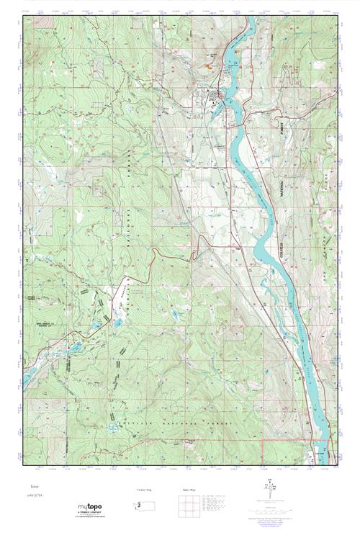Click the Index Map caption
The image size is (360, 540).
point(188,489)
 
